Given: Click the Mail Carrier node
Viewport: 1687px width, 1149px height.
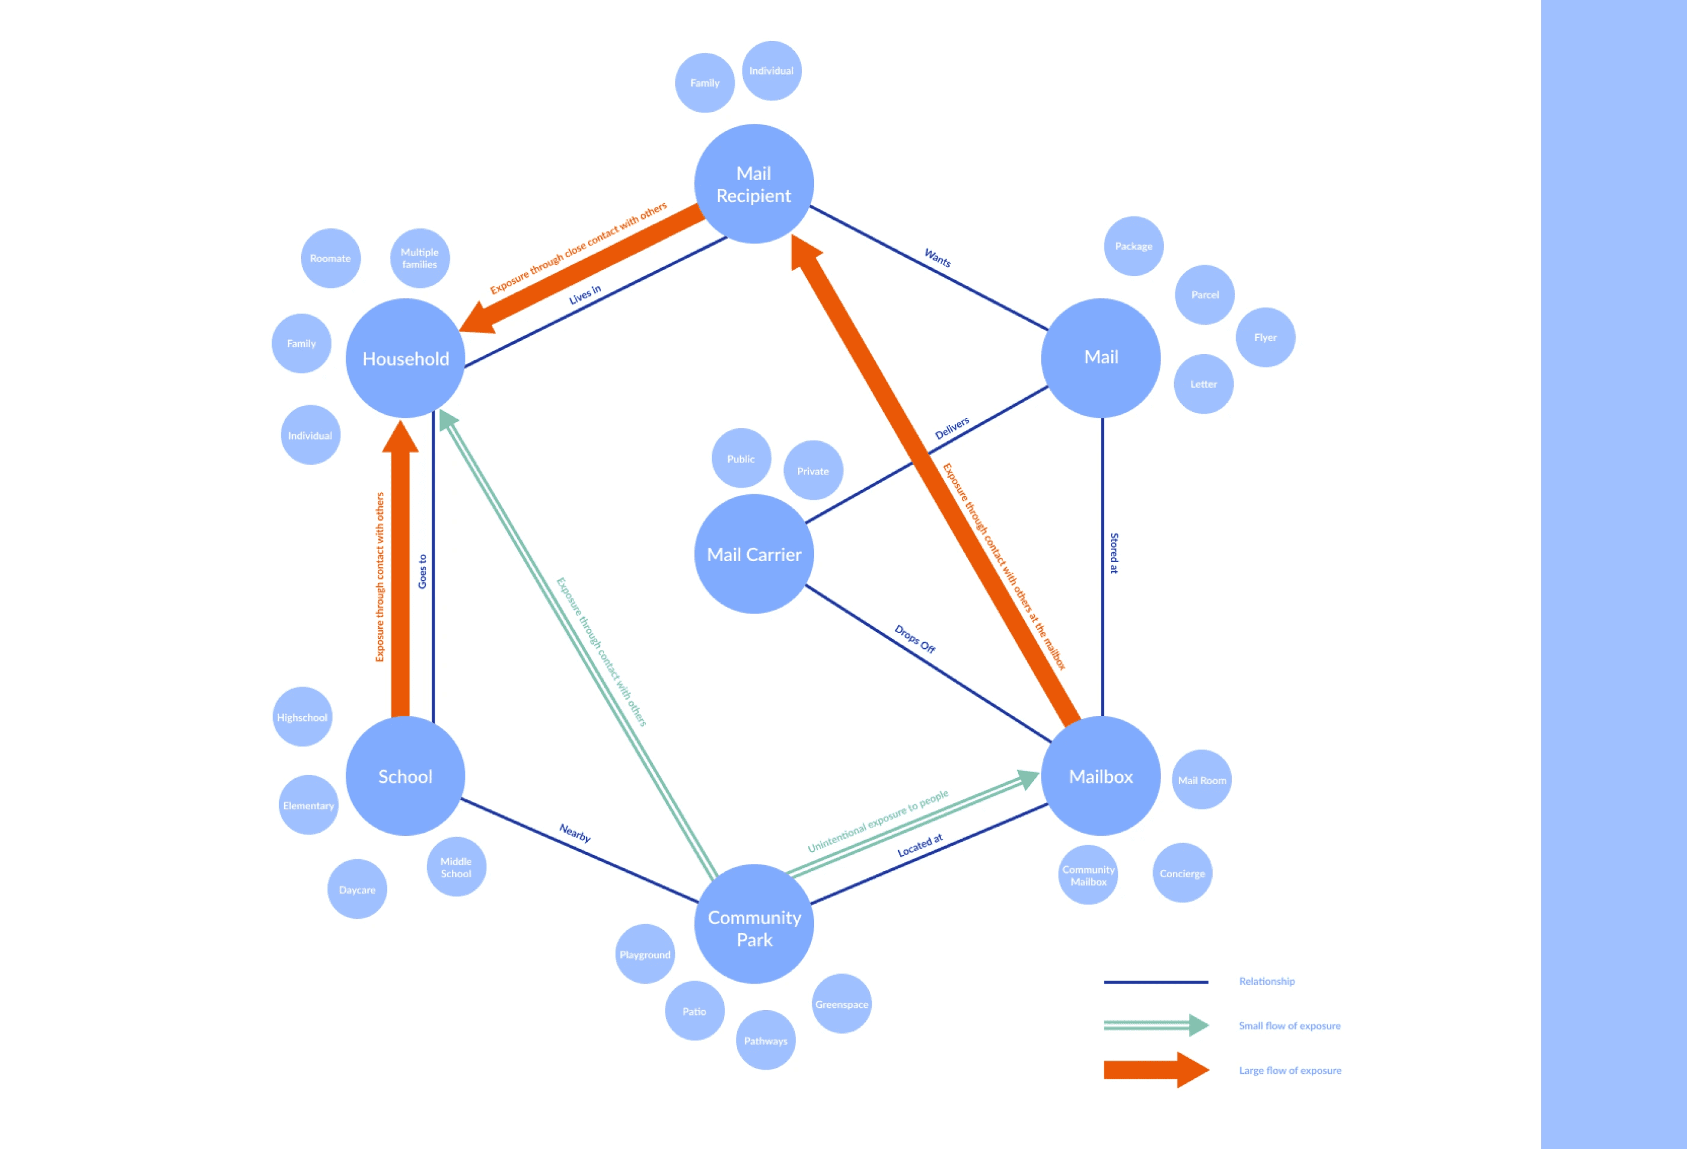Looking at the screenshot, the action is pyautogui.click(x=753, y=554).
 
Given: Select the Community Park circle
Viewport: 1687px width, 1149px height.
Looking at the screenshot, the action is pyautogui.click(x=753, y=924).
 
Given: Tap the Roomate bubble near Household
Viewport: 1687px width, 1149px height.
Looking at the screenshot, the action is pyautogui.click(x=330, y=259).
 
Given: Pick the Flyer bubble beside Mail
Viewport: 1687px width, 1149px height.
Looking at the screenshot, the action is pyautogui.click(x=1265, y=337).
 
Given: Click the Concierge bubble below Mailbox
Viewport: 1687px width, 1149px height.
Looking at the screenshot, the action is pyautogui.click(x=1182, y=873).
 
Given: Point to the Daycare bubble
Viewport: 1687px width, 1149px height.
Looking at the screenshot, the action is pyautogui.click(x=357, y=889).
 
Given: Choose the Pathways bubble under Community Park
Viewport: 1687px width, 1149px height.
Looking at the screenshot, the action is pyautogui.click(x=765, y=1040).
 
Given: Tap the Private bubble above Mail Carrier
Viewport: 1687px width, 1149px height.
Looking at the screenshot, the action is pyautogui.click(x=813, y=470).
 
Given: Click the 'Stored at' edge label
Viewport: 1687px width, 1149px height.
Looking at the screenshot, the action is pyautogui.click(x=1114, y=553).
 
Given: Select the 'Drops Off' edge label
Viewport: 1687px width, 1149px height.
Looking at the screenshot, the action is pyautogui.click(x=914, y=639).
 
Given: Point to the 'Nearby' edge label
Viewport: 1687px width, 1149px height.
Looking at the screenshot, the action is pyautogui.click(x=575, y=833).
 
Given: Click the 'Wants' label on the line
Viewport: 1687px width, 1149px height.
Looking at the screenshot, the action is pyautogui.click(x=937, y=258).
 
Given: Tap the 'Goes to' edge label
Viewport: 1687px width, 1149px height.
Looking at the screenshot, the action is pyautogui.click(x=423, y=571).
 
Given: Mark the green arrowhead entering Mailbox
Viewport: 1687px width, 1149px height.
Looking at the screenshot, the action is pyautogui.click(x=1028, y=779).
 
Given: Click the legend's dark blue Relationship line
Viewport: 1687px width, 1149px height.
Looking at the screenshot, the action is pyautogui.click(x=1156, y=982).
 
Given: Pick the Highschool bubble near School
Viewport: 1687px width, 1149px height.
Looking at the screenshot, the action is pyautogui.click(x=302, y=717).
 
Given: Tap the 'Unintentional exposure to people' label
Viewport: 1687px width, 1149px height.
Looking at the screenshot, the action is pyautogui.click(x=878, y=821).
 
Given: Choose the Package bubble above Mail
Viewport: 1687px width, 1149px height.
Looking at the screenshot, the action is pyautogui.click(x=1133, y=246).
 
